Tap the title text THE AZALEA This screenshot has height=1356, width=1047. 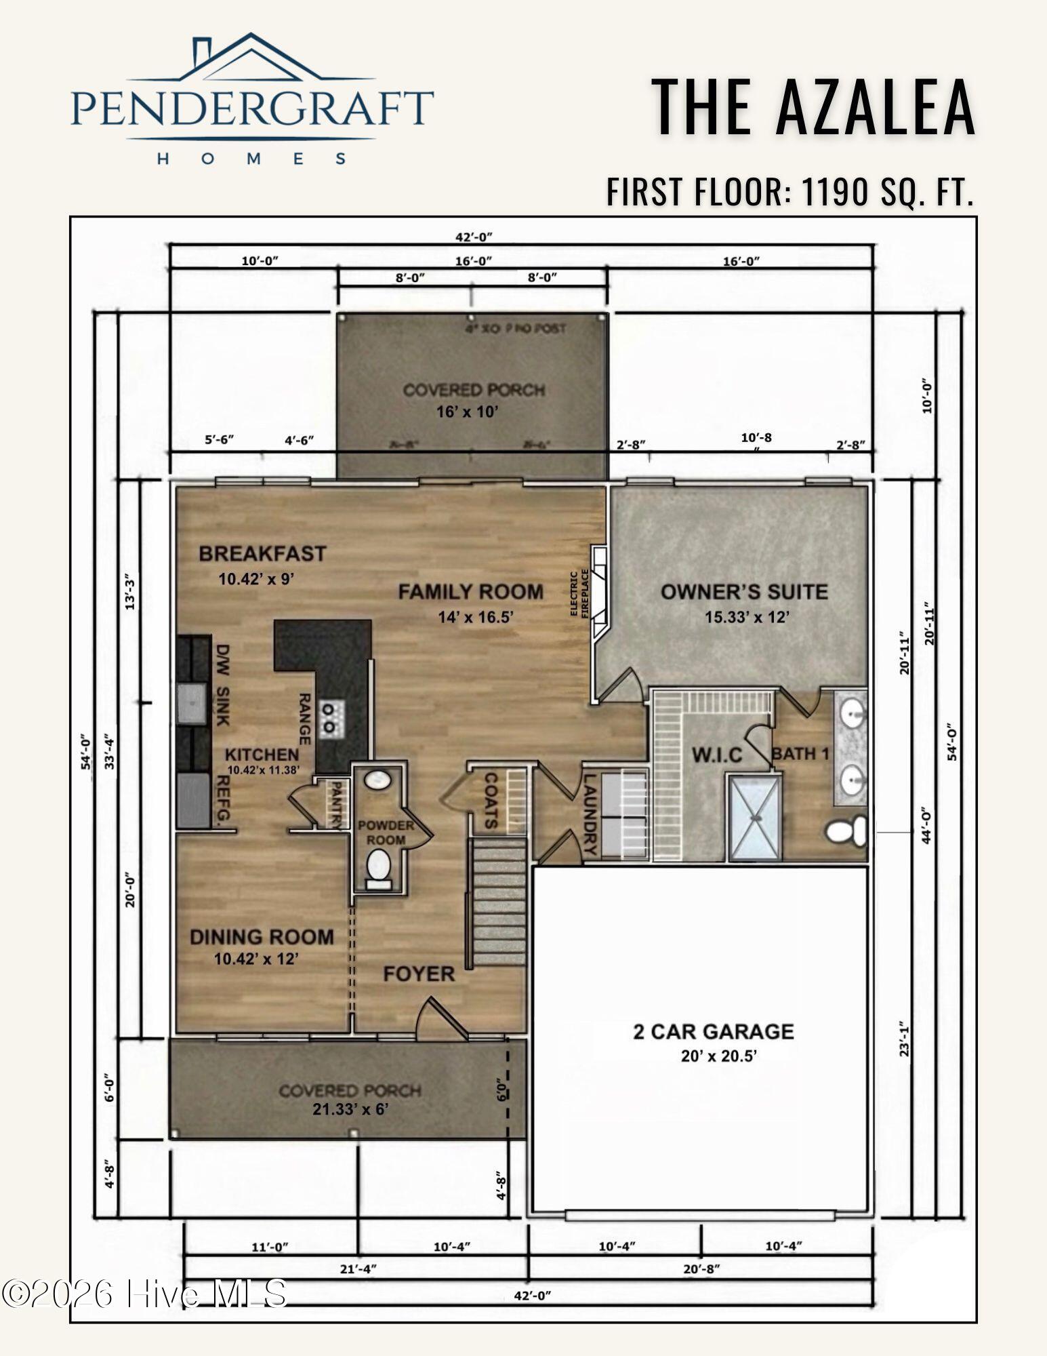(x=813, y=107)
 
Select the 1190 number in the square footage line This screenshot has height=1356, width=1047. (x=835, y=192)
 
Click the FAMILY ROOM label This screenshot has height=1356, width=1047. (x=470, y=592)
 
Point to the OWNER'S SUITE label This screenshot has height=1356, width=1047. (x=744, y=592)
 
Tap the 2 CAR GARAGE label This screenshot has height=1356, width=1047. (x=713, y=1031)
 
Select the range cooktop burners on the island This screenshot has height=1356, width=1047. (x=331, y=718)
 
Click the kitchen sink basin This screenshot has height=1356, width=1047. (x=192, y=704)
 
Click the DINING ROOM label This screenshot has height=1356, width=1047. (x=262, y=937)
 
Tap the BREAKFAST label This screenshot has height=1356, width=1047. (x=262, y=553)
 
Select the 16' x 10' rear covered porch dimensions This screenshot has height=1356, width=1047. (x=468, y=412)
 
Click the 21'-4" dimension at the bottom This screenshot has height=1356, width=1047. (x=358, y=1269)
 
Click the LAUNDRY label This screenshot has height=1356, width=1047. (x=590, y=814)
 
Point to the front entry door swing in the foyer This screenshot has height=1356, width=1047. (x=439, y=1017)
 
